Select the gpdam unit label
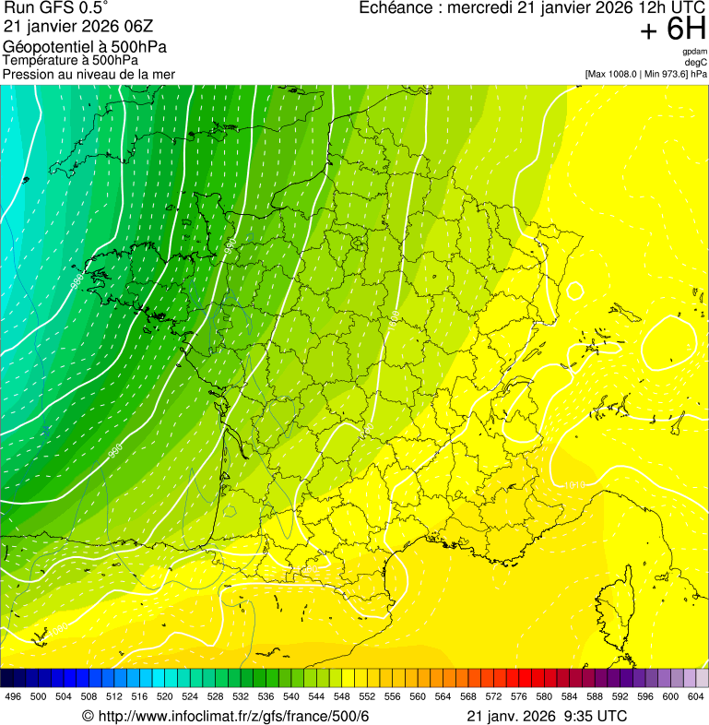pos(694,52)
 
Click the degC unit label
pos(696,63)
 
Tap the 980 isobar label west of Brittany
pos(77,276)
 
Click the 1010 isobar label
pos(573,484)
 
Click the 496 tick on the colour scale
pos(12,696)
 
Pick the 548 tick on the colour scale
pos(341,696)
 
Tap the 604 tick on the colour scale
pos(696,696)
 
